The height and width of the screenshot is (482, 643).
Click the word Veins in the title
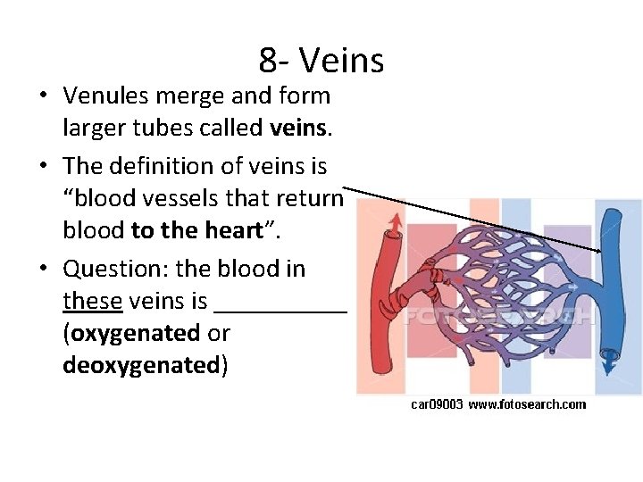pyautogui.click(x=342, y=61)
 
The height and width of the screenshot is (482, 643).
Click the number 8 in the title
pyautogui.click(x=268, y=61)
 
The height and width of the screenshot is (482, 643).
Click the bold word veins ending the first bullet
pyautogui.click(x=297, y=129)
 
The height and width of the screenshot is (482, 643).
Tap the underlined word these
pyautogui.click(x=92, y=301)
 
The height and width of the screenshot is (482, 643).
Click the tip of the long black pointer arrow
pyautogui.click(x=600, y=252)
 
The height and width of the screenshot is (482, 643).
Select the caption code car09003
pyautogui.click(x=437, y=404)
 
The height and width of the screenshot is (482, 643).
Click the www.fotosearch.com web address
pyautogui.click(x=528, y=404)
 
